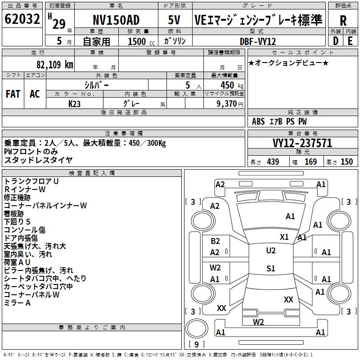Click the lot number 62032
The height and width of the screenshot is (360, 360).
(x=22, y=19)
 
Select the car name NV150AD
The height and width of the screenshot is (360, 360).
(x=116, y=20)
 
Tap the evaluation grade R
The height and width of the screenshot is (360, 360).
(x=343, y=20)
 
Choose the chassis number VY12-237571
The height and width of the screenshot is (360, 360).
(x=302, y=143)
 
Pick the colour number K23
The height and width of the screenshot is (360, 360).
(x=75, y=103)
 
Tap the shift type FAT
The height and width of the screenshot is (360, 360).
(x=13, y=94)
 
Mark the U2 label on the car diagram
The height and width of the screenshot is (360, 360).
(x=270, y=251)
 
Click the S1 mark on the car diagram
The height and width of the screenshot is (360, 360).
(x=270, y=269)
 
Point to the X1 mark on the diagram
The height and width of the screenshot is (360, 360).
(x=284, y=237)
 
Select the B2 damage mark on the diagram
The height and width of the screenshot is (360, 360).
(x=215, y=241)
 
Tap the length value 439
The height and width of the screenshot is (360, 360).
(x=273, y=162)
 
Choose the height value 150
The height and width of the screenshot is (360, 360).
(x=346, y=162)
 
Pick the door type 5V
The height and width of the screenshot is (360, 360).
(x=174, y=20)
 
